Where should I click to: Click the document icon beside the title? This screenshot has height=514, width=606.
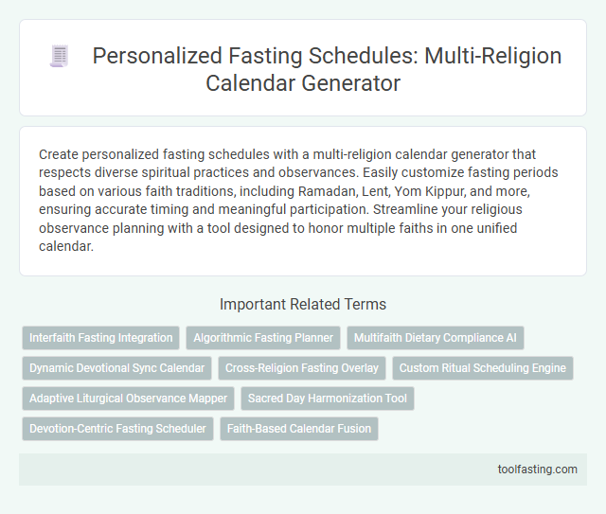click(59, 57)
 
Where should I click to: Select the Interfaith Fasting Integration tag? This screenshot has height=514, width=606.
click(100, 337)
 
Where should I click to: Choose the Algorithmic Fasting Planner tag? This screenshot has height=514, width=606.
click(262, 337)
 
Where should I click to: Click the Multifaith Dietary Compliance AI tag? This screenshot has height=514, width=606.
click(435, 337)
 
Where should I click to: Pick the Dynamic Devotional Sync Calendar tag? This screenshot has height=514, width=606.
click(116, 367)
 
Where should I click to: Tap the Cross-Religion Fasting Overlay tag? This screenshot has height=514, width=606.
click(301, 367)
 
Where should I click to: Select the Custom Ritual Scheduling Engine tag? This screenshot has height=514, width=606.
click(482, 367)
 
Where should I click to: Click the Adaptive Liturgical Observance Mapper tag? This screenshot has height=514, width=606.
click(128, 399)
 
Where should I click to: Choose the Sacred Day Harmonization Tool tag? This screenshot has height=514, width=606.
click(327, 399)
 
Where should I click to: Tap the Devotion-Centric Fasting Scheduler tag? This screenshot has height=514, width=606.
click(117, 429)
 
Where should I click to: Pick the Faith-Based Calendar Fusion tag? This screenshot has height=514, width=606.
click(298, 429)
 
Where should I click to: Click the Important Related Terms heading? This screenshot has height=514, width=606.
click(302, 304)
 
